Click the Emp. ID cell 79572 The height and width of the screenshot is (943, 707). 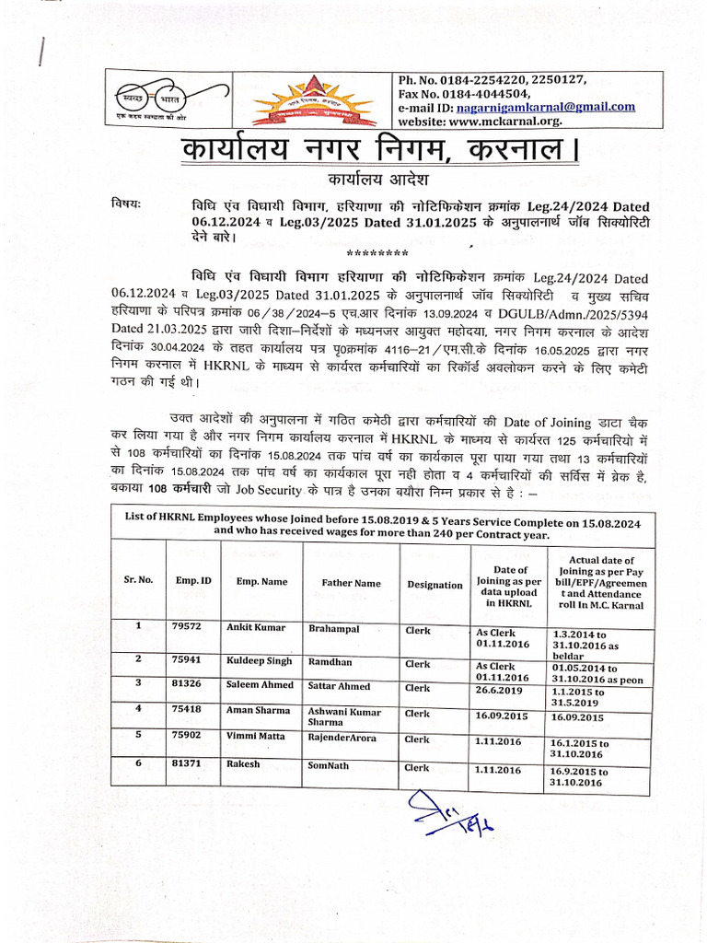[x=187, y=626]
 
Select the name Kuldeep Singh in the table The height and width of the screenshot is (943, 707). [x=260, y=661]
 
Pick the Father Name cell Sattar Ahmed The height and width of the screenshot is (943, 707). [x=340, y=686]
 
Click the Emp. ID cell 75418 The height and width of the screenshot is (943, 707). [x=187, y=709]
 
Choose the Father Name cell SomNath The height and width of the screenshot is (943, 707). [x=330, y=764]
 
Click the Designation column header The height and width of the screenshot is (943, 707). [x=435, y=585]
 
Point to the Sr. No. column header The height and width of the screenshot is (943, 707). [x=138, y=580]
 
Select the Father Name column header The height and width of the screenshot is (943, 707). [x=351, y=583]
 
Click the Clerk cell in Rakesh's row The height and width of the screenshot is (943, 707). [x=417, y=767]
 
